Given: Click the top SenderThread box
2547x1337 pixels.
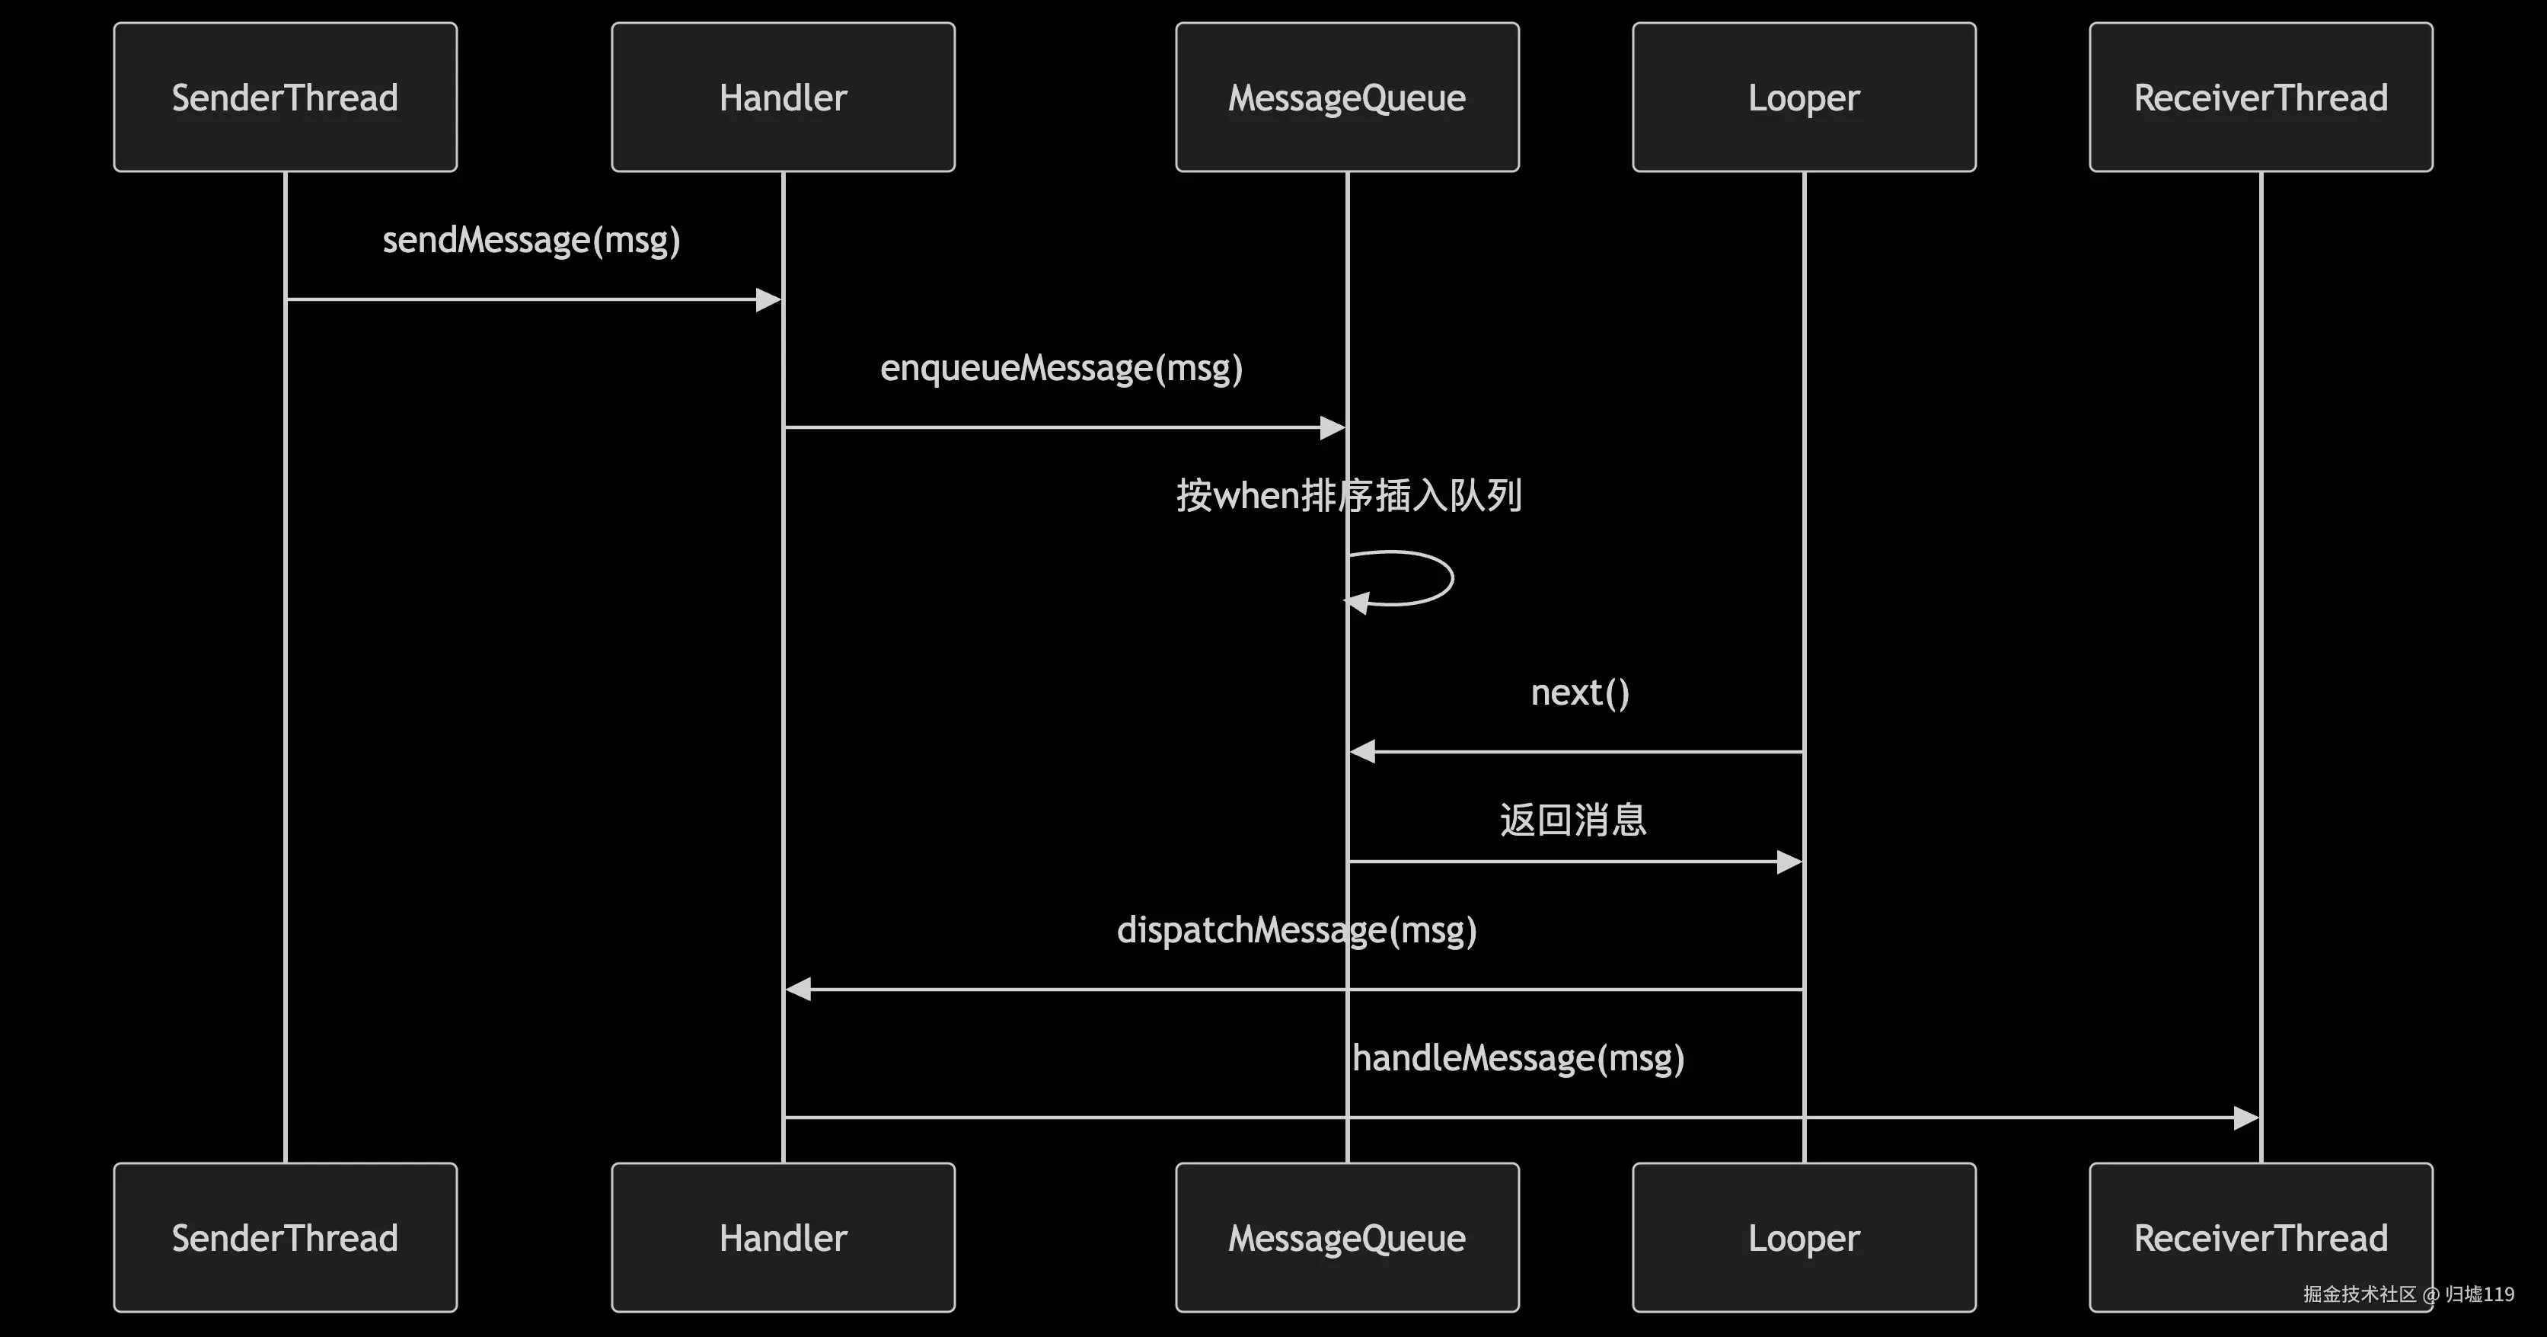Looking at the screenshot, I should coord(285,97).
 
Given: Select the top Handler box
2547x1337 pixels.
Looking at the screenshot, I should coord(783,97).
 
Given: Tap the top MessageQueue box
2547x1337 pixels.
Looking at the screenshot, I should coord(1347,97).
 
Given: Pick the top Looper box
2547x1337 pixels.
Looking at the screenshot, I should coord(1804,97).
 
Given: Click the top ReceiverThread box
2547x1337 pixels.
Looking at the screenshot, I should coord(2260,97).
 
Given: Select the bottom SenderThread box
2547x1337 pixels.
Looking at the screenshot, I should coord(285,1237).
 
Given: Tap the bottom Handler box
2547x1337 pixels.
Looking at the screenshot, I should coord(783,1237).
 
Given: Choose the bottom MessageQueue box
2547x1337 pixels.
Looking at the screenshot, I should coord(1347,1237).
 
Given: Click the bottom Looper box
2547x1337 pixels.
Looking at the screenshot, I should coord(1804,1237).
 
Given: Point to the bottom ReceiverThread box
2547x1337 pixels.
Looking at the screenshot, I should coord(2260,1237).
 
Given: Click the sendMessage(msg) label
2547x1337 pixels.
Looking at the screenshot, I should coord(531,240).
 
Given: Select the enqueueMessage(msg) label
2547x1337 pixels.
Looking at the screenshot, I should coord(1061,368).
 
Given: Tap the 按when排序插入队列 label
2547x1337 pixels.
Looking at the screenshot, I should coord(1348,495).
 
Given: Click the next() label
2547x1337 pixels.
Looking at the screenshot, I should coord(1579,692).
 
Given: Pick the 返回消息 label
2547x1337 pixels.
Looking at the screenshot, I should coord(1572,820).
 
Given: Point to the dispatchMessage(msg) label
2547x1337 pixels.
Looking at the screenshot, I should coord(1296,929).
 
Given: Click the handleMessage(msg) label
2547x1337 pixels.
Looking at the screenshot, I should coord(1518,1058).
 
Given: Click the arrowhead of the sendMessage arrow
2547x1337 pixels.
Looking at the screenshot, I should coord(768,299).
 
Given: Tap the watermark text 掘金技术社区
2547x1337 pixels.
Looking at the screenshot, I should coord(2359,1294).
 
